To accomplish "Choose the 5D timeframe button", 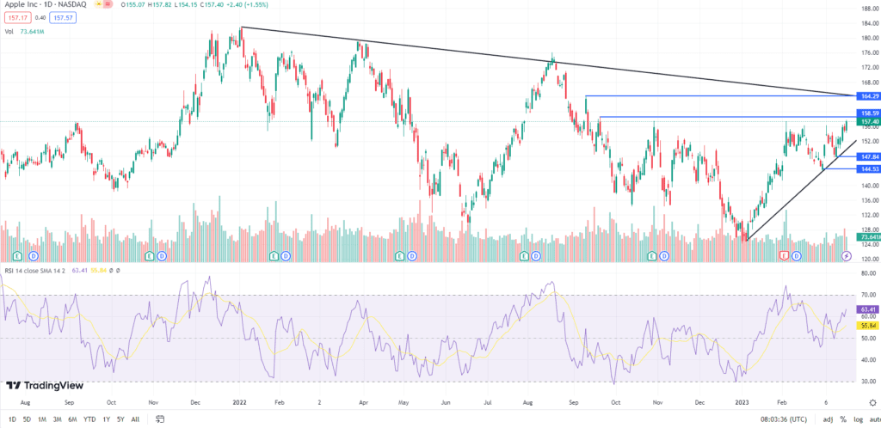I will [x=28, y=419].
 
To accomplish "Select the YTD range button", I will [x=89, y=419].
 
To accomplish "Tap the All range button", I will [x=135, y=419].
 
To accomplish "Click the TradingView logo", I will [x=40, y=386].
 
